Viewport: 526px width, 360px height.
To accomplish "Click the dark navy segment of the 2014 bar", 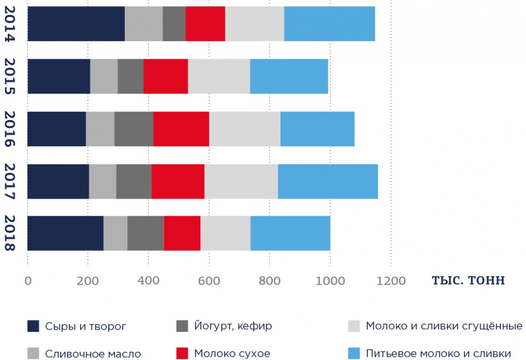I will coord(76,24).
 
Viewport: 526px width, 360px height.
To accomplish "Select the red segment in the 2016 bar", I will coord(181,129).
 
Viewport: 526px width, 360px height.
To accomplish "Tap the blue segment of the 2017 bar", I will coord(328,181).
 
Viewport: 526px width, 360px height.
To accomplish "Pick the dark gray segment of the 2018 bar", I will coord(145,233).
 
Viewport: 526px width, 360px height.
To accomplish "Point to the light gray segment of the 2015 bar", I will coord(219,76).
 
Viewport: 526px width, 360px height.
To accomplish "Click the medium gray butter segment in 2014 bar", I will coord(144,24).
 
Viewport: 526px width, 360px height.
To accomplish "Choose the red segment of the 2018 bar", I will coord(182,233).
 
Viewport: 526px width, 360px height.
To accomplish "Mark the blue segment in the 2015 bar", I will coord(289,76).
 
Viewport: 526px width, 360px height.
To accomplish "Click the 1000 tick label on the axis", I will coord(330,281).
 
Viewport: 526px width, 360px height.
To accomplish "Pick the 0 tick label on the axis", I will coord(28,281).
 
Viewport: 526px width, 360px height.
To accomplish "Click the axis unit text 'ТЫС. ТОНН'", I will coord(468,281).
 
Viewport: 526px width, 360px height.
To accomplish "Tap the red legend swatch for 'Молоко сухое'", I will coord(182,353).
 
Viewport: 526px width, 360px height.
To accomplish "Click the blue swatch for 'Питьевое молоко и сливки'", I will coord(354,353).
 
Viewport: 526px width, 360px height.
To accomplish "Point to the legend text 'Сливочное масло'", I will coord(93,353).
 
